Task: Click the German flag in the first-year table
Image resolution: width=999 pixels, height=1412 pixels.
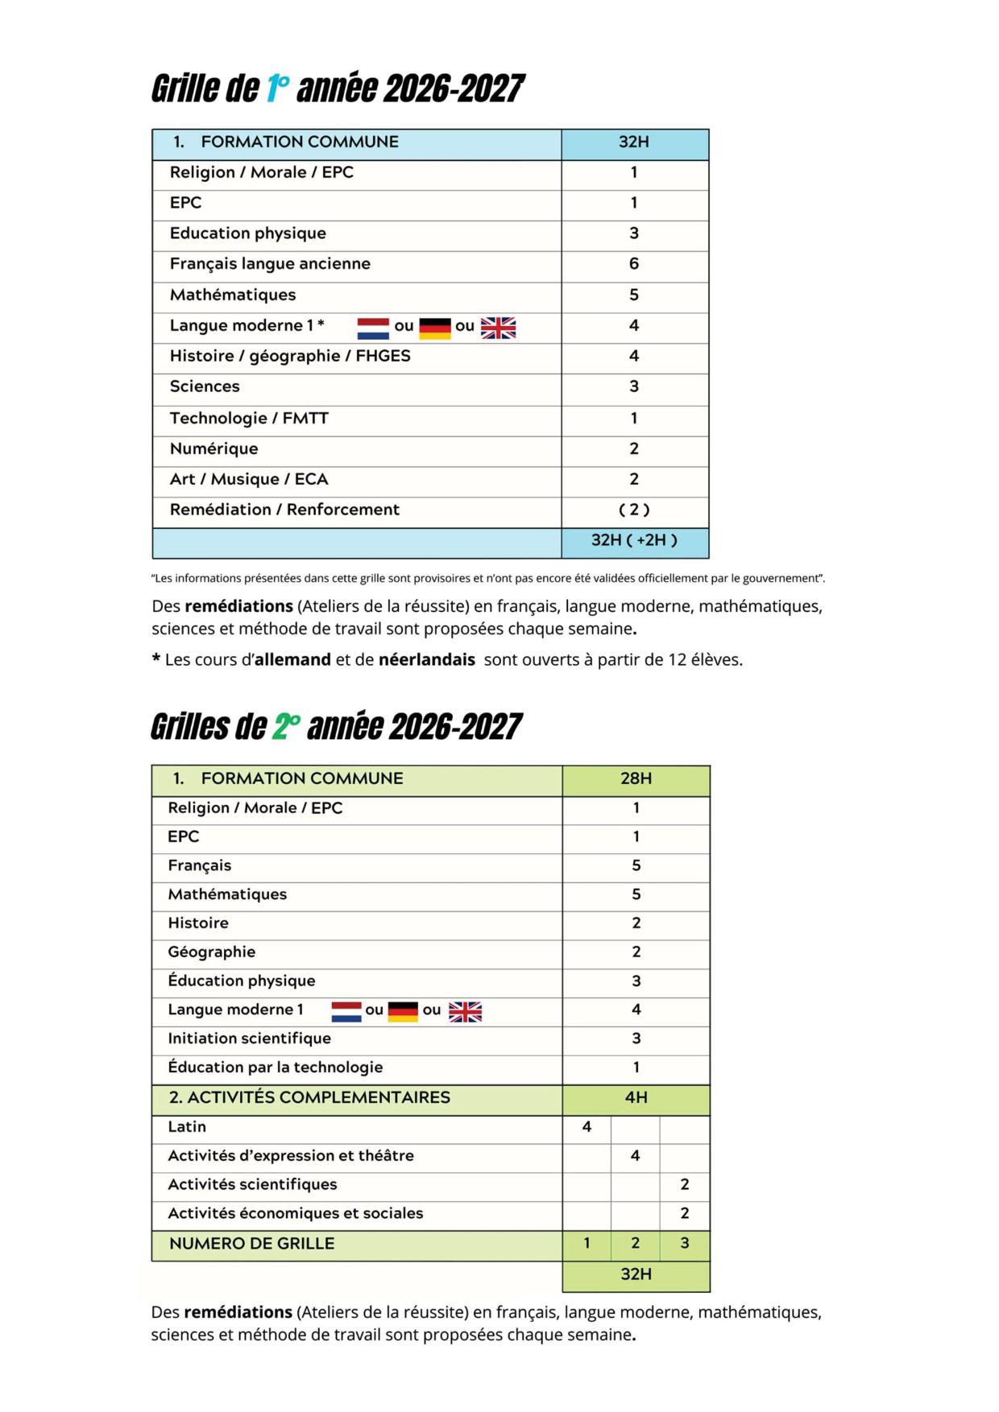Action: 435,328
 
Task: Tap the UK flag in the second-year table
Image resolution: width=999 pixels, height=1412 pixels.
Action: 465,1012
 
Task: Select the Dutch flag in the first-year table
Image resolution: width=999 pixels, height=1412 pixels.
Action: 373,328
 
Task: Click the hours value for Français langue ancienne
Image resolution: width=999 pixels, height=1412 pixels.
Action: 634,264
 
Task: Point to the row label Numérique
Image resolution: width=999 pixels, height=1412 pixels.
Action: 213,449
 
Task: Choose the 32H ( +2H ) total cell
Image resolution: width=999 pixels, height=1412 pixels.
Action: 634,541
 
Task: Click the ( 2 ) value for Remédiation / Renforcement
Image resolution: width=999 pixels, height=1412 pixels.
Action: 634,510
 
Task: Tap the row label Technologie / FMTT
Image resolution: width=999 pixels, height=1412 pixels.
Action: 249,419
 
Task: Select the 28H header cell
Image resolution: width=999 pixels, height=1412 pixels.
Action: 636,779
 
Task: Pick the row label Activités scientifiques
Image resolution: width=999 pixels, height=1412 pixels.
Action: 252,1185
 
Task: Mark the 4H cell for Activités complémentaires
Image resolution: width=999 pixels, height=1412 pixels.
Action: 636,1098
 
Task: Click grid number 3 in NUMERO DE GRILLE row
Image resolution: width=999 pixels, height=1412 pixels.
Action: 685,1244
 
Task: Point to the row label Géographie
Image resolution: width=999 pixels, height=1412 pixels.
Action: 211,952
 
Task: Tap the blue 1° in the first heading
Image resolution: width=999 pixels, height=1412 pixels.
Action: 277,89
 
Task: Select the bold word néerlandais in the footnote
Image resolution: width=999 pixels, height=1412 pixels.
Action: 427,660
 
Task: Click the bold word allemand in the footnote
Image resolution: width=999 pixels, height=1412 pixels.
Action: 292,660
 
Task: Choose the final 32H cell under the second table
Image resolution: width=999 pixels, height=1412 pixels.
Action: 636,1274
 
